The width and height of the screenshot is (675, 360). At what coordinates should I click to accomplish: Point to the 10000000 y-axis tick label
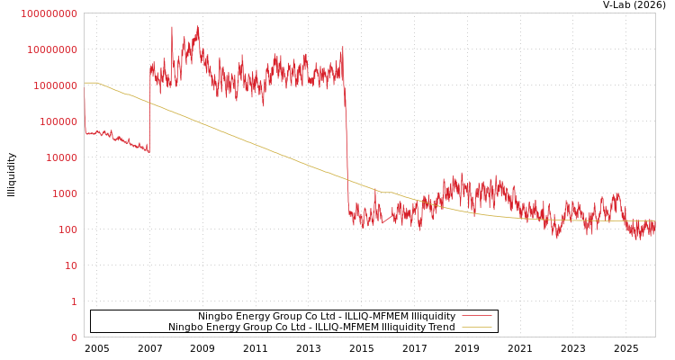(x=51, y=49)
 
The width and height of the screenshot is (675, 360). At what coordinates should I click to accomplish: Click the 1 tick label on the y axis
(x=74, y=301)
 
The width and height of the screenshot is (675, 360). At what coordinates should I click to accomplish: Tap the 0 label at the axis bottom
(x=74, y=337)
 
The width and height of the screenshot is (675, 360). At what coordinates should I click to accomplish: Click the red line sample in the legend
(x=477, y=317)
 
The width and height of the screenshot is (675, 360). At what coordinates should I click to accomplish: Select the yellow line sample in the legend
(x=477, y=328)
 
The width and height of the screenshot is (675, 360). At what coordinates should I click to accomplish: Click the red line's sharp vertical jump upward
(x=149, y=108)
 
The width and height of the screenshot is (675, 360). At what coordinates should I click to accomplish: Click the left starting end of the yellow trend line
(x=85, y=83)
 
